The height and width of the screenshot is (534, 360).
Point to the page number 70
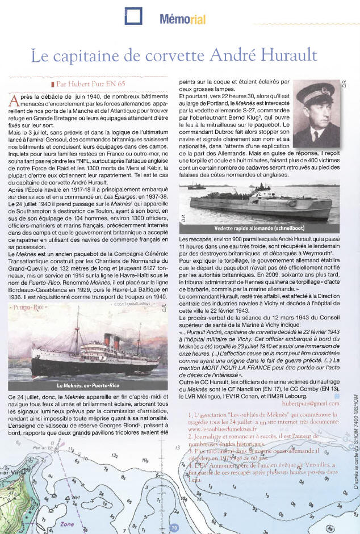[x=174, y=528]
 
